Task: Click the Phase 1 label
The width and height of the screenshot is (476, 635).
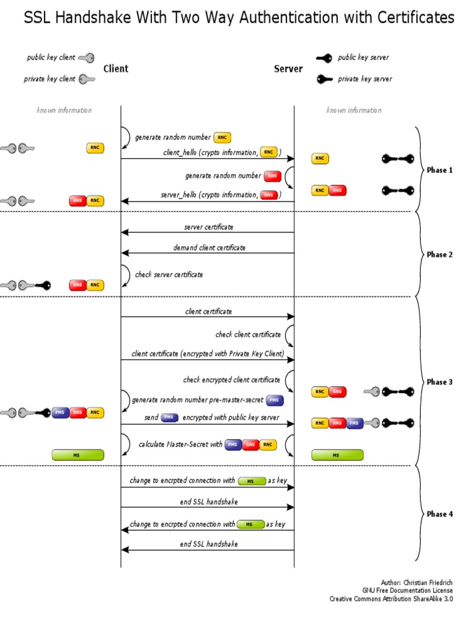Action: coord(440,170)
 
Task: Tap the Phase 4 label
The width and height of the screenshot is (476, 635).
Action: coord(440,514)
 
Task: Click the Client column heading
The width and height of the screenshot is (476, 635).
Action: coord(116,69)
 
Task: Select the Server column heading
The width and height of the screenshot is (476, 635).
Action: coord(288,69)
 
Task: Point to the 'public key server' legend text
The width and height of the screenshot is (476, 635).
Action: coord(363,58)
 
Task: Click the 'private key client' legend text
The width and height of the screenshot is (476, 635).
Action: coord(50,79)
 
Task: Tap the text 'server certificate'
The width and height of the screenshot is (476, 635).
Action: coord(209,227)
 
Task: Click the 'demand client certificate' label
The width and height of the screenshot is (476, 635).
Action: coord(209,247)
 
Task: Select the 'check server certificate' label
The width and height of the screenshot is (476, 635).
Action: coord(169,274)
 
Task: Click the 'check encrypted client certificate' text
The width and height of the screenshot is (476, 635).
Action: coord(231,380)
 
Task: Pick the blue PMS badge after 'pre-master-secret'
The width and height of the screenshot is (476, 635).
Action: coord(275,401)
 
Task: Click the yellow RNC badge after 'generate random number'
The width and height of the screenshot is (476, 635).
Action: coord(222,138)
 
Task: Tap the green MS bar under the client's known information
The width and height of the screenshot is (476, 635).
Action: coord(77,455)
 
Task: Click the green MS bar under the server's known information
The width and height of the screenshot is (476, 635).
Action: coord(337,455)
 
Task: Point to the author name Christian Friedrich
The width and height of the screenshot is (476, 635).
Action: coord(428,583)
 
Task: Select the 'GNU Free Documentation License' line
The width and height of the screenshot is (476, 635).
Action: coord(407,591)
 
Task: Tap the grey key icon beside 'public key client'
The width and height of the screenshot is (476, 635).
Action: coord(86,58)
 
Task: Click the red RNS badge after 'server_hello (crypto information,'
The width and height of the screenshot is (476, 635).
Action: coord(268,195)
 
